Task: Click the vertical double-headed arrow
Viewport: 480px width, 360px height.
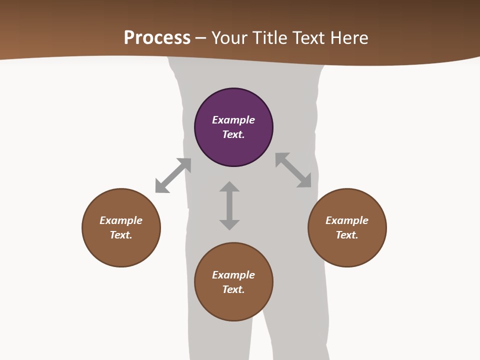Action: pyautogui.click(x=229, y=205)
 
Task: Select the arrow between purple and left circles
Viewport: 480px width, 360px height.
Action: pyautogui.click(x=173, y=175)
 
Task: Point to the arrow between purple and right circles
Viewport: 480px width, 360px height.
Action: pyautogui.click(x=293, y=170)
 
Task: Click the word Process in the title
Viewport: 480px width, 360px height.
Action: pyautogui.click(x=157, y=37)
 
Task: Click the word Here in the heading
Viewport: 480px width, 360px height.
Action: pyautogui.click(x=349, y=37)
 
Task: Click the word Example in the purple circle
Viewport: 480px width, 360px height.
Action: pyautogui.click(x=233, y=120)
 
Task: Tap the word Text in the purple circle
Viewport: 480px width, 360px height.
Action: pyautogui.click(x=233, y=134)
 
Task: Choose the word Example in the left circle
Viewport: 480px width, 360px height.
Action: pyautogui.click(x=121, y=220)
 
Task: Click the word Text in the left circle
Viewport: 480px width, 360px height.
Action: pyautogui.click(x=120, y=235)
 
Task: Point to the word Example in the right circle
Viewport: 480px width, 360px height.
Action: pyautogui.click(x=347, y=220)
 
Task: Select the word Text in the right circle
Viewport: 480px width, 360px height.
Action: pyautogui.click(x=346, y=235)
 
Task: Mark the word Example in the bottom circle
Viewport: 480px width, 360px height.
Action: pyautogui.click(x=233, y=275)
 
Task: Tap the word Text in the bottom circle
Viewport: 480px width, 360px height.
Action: pyautogui.click(x=233, y=289)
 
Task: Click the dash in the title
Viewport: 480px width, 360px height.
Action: pyautogui.click(x=201, y=38)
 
